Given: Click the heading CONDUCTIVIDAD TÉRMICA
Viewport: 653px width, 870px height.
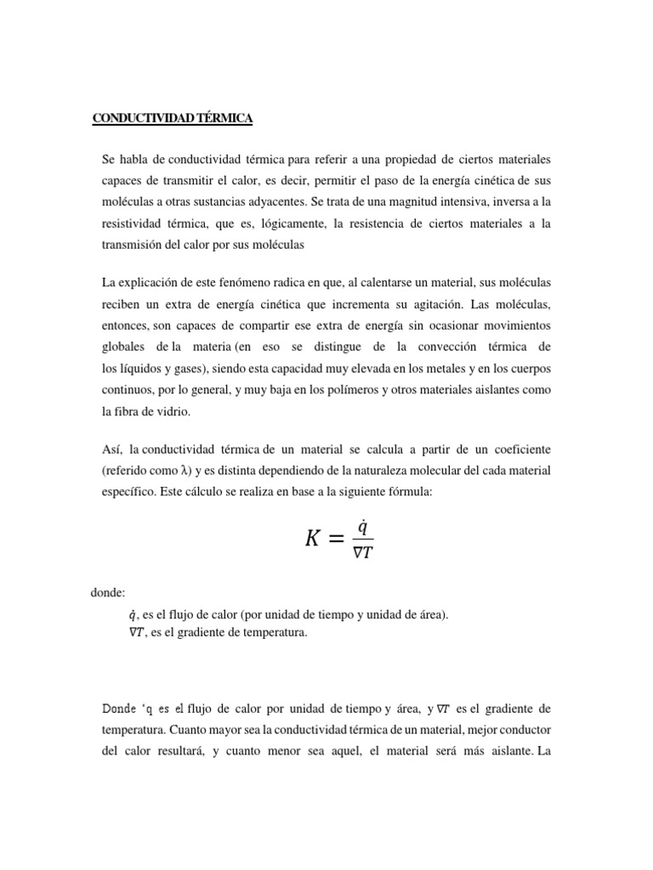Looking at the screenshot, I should pyautogui.click(x=173, y=119).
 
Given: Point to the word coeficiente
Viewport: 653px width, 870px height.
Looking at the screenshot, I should pyautogui.click(x=520, y=448).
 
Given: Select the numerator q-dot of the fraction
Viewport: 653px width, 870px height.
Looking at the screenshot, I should pyautogui.click(x=362, y=526).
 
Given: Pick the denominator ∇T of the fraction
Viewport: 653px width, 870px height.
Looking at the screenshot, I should pyautogui.click(x=363, y=551).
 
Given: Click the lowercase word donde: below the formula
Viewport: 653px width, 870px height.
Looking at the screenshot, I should pyautogui.click(x=108, y=593).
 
